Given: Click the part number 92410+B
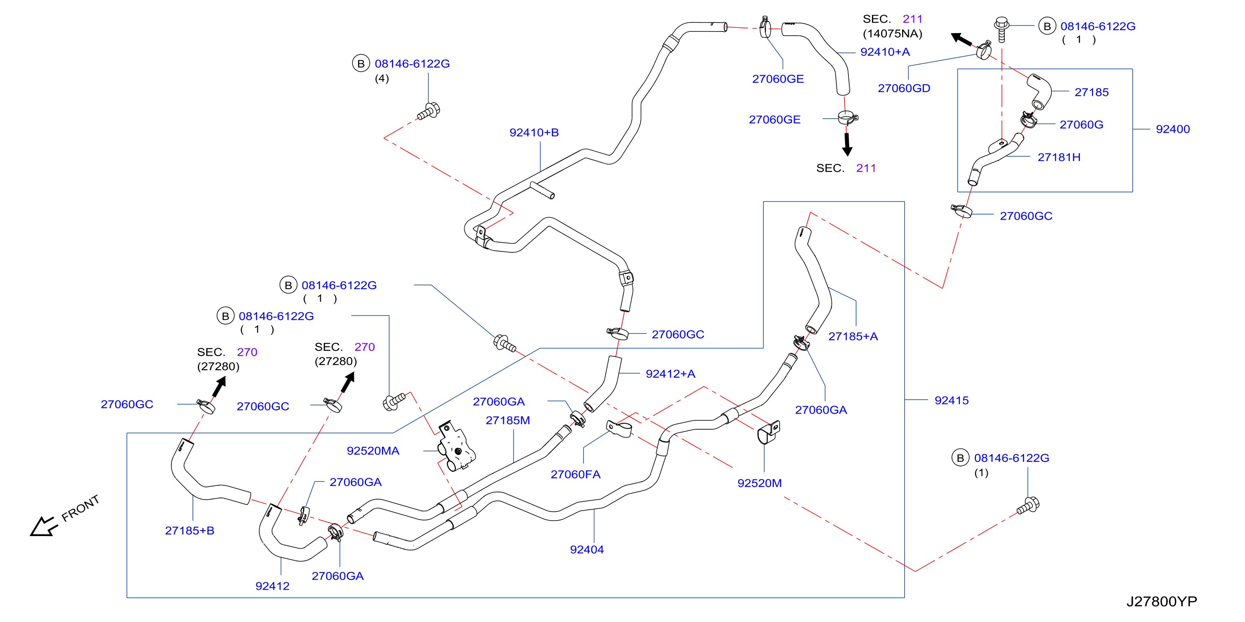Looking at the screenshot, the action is (534, 132).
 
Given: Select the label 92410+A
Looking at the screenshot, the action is (884, 52).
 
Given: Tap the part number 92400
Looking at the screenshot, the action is (1172, 129).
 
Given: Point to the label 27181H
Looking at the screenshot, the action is (1058, 157).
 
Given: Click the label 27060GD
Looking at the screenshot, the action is (904, 88).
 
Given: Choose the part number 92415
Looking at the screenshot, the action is (951, 400).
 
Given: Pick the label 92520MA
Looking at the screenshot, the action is (373, 451).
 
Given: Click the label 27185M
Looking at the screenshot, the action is (508, 420).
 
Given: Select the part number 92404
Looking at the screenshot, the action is (586, 549).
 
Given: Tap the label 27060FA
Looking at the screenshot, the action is (575, 474).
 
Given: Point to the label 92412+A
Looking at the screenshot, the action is (670, 373).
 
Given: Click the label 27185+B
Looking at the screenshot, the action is (189, 530).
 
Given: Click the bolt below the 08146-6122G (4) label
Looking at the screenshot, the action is (429, 111).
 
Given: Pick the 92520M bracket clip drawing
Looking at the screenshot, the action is (768, 432).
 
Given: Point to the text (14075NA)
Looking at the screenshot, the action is (892, 34).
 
